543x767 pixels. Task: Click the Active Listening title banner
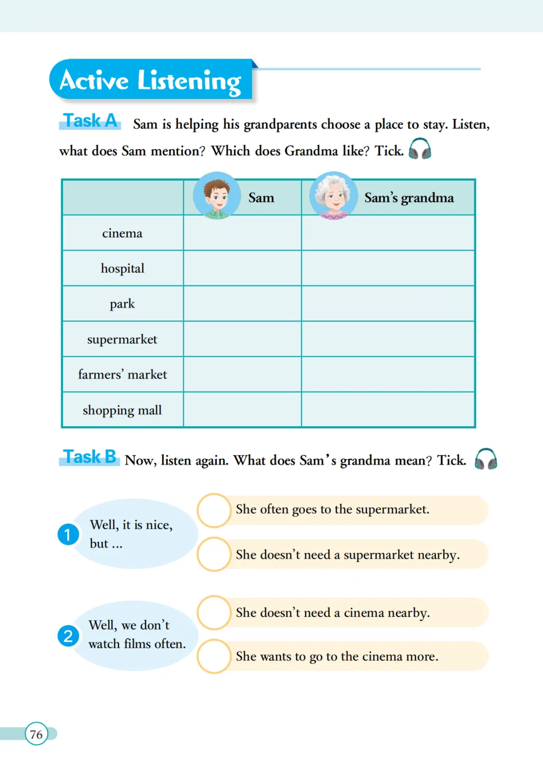tap(151, 80)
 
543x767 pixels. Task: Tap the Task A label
tap(90, 121)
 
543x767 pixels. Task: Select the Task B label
tap(89, 457)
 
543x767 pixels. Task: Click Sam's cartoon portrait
tap(217, 196)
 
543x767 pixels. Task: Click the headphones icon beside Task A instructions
tap(420, 149)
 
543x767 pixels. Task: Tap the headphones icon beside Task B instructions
tap(486, 459)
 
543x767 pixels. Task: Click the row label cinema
tap(122, 233)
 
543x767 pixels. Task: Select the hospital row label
tap(122, 268)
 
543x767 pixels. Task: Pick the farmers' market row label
tap(122, 374)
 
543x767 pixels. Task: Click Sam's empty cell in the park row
tap(242, 304)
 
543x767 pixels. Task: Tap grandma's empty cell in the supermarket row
tap(388, 339)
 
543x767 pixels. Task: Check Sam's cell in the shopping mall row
tap(242, 410)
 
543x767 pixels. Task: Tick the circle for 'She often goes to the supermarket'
tap(214, 510)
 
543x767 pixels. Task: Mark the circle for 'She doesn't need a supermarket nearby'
tap(214, 554)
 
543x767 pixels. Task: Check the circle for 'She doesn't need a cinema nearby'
tap(214, 613)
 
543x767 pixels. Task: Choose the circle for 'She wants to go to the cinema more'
tap(214, 656)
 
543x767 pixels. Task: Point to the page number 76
tap(36, 734)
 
